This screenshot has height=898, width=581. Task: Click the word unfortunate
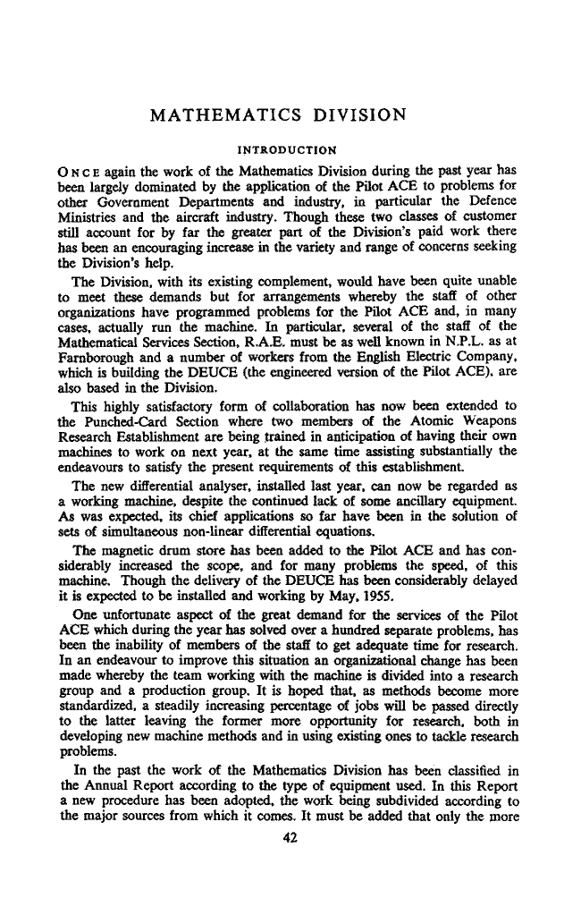139,602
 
